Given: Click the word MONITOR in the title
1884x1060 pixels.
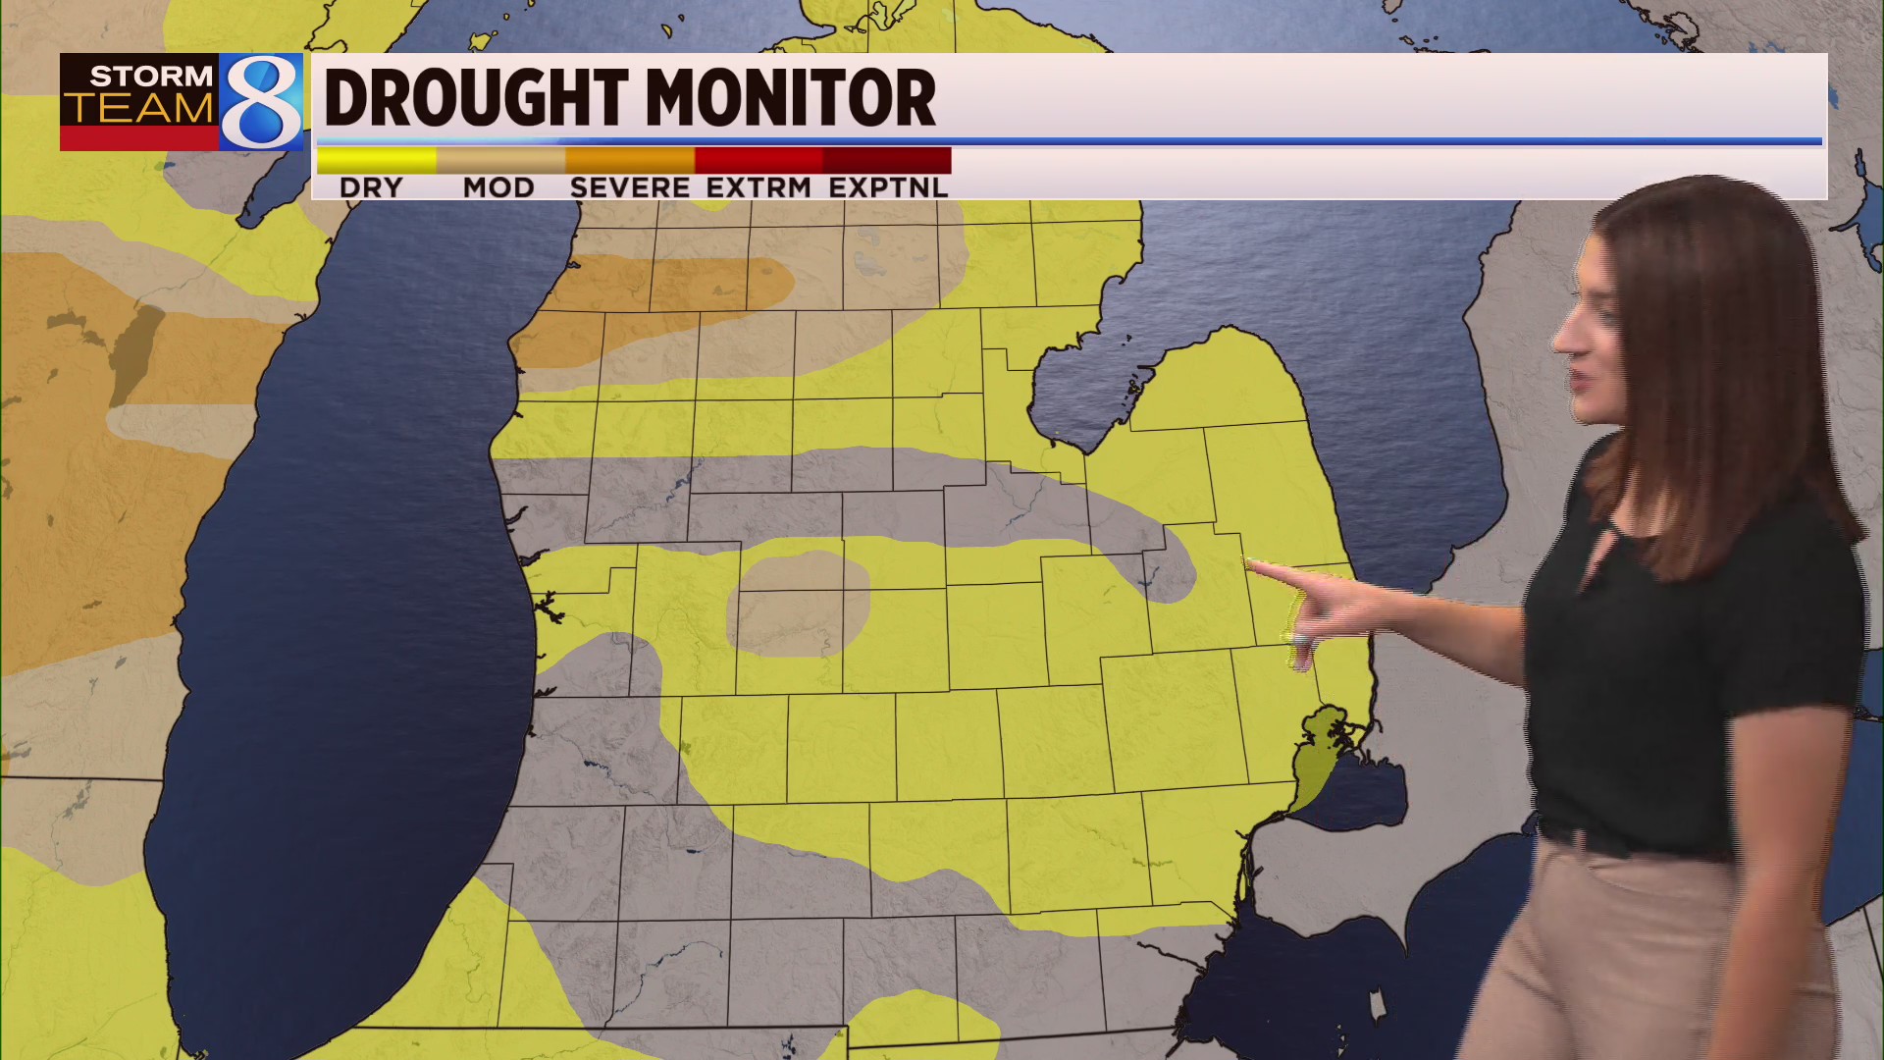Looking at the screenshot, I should tap(790, 98).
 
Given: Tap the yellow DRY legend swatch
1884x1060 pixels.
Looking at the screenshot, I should tap(377, 159).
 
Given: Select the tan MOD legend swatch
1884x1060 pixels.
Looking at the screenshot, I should tap(500, 159).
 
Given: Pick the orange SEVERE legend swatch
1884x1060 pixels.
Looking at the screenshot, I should tap(630, 159).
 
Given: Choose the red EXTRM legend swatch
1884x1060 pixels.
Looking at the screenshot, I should tap(759, 159).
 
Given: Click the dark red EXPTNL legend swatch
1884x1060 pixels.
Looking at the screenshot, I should tap(887, 159).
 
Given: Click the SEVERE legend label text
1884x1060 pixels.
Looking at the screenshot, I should tap(630, 187).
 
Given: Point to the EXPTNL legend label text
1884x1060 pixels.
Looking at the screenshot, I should tap(888, 187).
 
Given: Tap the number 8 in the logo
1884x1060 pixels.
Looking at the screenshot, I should tap(261, 102).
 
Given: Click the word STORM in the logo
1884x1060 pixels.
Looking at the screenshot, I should tap(151, 76).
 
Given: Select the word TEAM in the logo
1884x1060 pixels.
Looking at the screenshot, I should tap(140, 109).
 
